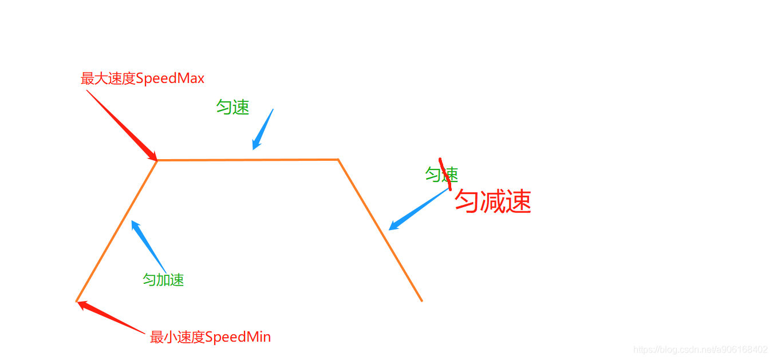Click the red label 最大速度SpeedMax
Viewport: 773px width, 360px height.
(143, 78)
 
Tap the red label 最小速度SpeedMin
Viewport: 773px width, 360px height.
(210, 337)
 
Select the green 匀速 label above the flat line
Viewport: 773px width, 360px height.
(232, 107)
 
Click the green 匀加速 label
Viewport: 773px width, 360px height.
(163, 280)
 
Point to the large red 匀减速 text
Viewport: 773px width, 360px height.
(493, 201)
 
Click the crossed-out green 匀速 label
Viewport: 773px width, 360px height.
(441, 175)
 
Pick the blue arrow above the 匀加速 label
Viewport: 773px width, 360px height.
(148, 246)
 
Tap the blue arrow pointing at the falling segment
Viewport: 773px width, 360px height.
(418, 209)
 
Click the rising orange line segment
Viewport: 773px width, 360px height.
(117, 231)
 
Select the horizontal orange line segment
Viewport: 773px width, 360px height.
(247, 160)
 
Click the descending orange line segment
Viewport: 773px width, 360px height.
(380, 230)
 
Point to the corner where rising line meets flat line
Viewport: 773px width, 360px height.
(157, 160)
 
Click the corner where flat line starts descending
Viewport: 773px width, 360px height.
(338, 160)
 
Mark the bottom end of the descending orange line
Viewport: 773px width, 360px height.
(421, 300)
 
